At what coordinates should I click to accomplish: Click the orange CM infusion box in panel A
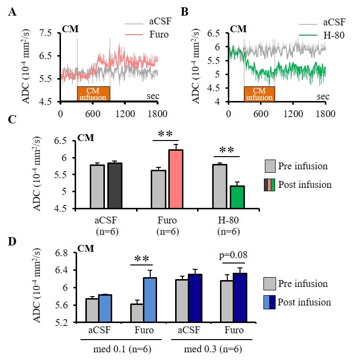coord(93,93)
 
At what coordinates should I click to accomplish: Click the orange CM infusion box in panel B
coord(259,93)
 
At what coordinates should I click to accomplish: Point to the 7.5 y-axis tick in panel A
coord(45,33)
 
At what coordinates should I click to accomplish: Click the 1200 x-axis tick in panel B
coord(292,113)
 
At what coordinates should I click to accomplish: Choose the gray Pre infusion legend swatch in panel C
coord(270,166)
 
